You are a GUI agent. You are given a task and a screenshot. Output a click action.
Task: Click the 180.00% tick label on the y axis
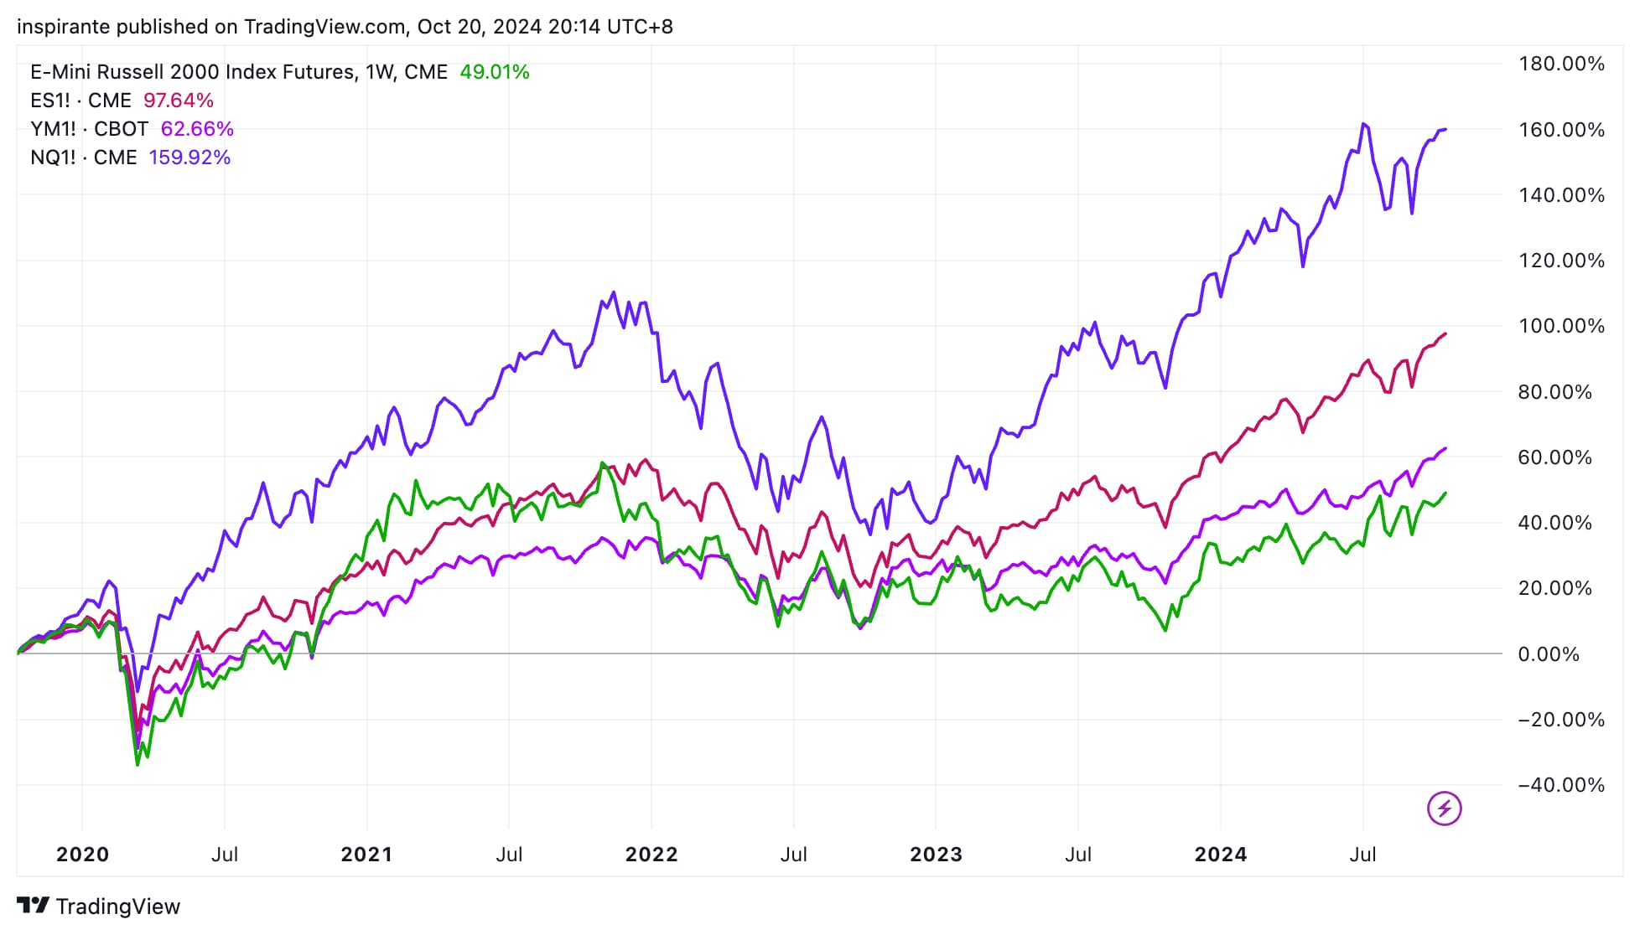pos(1560,64)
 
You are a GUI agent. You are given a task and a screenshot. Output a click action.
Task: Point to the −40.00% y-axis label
pos(1560,785)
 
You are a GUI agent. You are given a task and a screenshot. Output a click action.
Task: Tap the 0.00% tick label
pos(1549,654)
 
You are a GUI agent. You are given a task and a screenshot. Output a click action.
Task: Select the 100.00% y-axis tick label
pos(1560,326)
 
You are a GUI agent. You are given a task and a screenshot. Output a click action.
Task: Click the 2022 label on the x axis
pos(651,855)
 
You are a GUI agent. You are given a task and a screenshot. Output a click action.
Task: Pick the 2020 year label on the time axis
pos(82,855)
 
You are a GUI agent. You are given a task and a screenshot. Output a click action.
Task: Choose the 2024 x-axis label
pos(1220,855)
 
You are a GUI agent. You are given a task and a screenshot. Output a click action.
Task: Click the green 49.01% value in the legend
pos(494,72)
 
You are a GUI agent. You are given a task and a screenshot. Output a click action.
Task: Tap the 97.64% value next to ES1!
pos(178,101)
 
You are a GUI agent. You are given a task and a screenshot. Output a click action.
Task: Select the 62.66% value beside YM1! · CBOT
pos(197,129)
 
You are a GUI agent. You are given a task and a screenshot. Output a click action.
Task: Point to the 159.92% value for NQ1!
pos(189,158)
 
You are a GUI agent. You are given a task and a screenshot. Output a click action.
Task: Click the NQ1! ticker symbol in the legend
pos(53,158)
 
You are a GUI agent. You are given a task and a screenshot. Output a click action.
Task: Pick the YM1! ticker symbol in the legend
pos(53,129)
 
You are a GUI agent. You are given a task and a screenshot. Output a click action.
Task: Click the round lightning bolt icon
pos(1444,808)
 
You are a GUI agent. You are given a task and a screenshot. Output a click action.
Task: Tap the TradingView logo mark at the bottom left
pos(33,906)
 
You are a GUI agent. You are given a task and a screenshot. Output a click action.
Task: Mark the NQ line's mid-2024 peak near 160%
pos(1364,124)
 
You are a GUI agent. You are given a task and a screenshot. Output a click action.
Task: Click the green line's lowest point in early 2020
pos(138,764)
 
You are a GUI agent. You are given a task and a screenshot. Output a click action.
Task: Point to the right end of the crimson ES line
pos(1445,334)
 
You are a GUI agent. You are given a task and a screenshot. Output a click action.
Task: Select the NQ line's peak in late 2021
pos(614,292)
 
